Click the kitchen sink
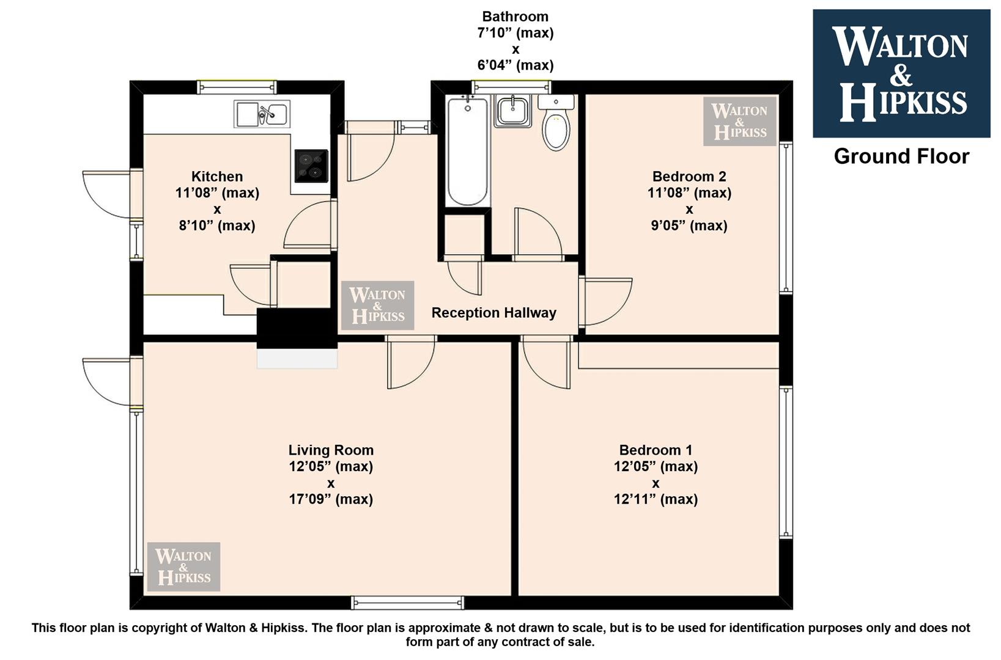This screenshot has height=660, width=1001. (x=262, y=114)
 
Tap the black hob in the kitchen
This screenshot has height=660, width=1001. (x=311, y=166)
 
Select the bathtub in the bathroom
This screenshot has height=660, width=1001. (x=467, y=152)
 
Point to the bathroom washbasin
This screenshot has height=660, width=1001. (x=513, y=111)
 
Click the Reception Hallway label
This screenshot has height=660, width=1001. (x=494, y=313)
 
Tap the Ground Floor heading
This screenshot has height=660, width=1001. (x=901, y=156)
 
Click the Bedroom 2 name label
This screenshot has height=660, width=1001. (x=689, y=176)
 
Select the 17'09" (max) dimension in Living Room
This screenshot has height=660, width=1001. (x=331, y=499)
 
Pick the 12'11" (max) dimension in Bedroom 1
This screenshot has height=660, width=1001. (x=656, y=499)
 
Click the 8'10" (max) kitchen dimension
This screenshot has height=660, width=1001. (x=217, y=226)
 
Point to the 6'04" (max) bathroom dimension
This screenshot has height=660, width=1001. (x=515, y=65)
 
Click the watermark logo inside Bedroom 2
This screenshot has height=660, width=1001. (x=739, y=122)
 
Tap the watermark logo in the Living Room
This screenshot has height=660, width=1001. (x=183, y=566)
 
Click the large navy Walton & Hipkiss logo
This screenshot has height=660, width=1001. (x=901, y=73)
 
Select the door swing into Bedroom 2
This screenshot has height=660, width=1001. (x=605, y=301)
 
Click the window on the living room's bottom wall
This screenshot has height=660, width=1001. (x=407, y=603)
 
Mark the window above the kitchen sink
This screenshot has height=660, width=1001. (x=237, y=87)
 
